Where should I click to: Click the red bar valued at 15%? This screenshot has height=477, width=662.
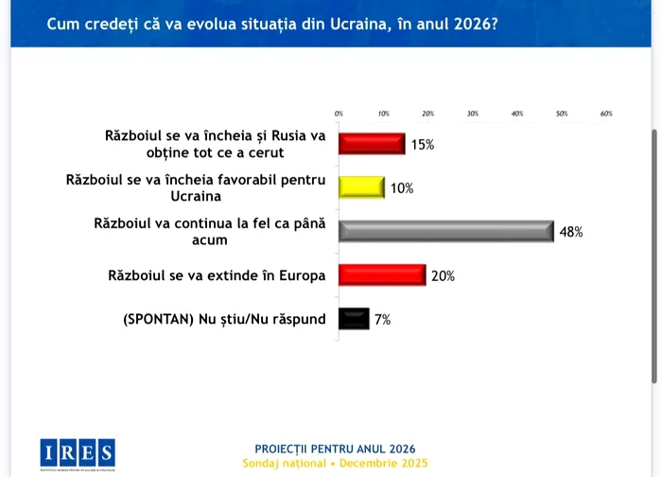click(x=372, y=144)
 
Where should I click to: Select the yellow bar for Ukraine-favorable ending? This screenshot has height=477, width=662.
click(x=361, y=187)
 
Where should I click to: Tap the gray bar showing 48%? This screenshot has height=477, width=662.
click(x=445, y=232)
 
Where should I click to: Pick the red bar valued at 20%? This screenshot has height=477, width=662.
click(x=382, y=275)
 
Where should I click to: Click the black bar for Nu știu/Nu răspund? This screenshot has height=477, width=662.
click(x=354, y=319)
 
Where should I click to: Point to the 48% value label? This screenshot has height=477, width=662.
click(x=571, y=232)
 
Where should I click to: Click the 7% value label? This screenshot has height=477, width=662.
click(x=382, y=320)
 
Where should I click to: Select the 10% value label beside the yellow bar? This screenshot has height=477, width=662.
click(x=402, y=188)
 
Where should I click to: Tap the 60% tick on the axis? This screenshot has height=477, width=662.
click(x=606, y=114)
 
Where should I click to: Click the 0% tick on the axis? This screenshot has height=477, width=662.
click(x=339, y=114)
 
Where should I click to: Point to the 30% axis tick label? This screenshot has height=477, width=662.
click(x=473, y=114)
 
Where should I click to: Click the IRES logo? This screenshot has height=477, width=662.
click(x=78, y=452)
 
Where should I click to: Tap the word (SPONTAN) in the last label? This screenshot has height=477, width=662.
click(x=157, y=319)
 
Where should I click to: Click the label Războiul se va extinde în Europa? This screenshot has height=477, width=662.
click(x=217, y=275)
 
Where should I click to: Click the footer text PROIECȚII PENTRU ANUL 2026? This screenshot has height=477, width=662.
click(x=335, y=449)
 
